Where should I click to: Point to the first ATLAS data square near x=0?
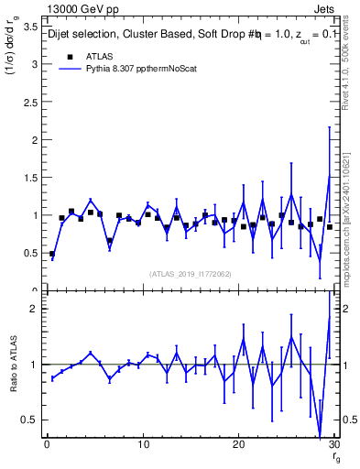[x=52, y=254]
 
